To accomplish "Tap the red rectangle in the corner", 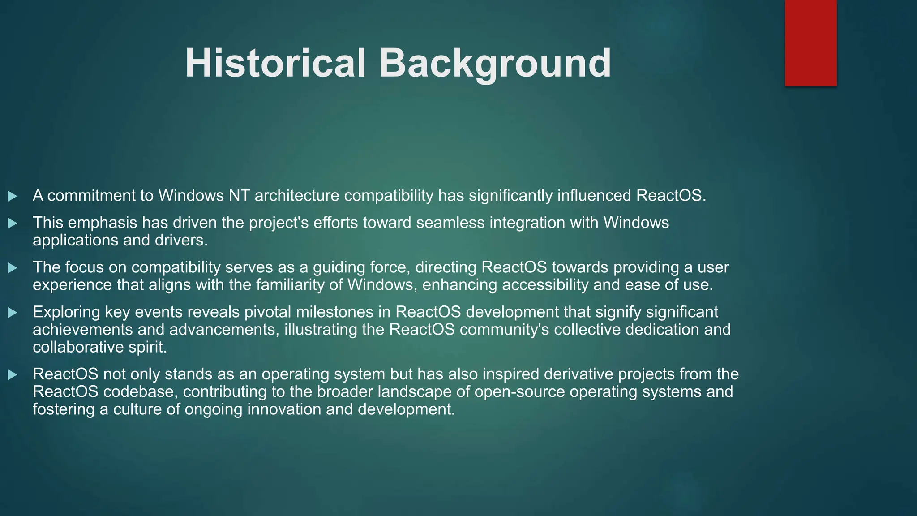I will pyautogui.click(x=810, y=43).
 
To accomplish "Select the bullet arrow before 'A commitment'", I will pyautogui.click(x=13, y=196).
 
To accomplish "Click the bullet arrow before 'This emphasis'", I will pyautogui.click(x=13, y=223).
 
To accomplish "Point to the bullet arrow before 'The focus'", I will pyautogui.click(x=13, y=268).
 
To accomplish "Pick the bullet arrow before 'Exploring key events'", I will pyautogui.click(x=13, y=313).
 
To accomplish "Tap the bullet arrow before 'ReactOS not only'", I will pyautogui.click(x=13, y=374).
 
